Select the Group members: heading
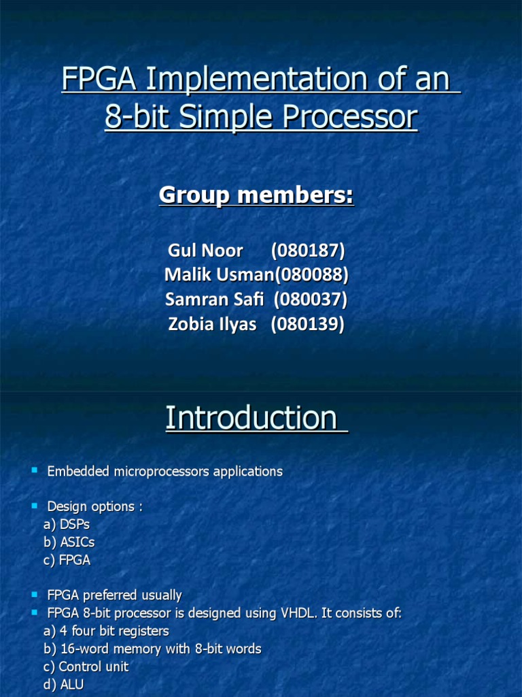[256, 195]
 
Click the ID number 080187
[308, 250]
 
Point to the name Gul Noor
[205, 250]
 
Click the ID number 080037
[311, 299]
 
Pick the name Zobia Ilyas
[212, 324]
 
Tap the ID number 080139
[308, 324]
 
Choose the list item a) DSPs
[67, 525]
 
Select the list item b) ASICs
[69, 542]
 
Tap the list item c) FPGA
[67, 560]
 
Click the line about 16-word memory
[152, 649]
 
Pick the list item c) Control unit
[86, 666]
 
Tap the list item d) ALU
[64, 684]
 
